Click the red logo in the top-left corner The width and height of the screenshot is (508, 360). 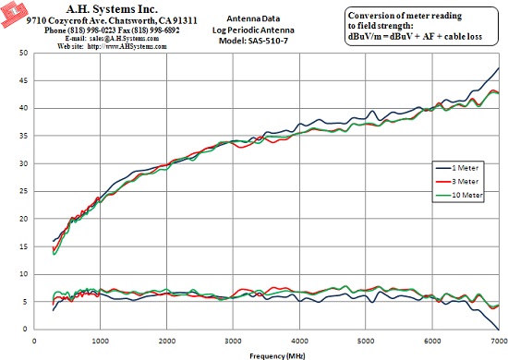13,14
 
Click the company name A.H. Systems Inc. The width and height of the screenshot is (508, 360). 112,8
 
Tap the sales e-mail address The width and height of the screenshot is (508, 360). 124,39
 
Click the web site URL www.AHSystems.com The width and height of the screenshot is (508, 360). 127,46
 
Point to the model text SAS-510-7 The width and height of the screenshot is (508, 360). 268,41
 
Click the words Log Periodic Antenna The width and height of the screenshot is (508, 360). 253,30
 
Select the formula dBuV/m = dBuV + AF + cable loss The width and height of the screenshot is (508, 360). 415,37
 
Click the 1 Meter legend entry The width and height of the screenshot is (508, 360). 457,168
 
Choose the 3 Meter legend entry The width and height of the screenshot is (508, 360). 457,182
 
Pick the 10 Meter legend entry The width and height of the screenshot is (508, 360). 459,195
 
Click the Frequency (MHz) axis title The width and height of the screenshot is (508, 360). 277,356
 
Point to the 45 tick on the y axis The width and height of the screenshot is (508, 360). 23,80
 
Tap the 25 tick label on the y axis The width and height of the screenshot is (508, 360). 23,191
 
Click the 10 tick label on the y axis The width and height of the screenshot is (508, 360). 23,274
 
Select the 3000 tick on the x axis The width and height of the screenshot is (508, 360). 234,341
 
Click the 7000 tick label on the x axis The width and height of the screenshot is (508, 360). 500,341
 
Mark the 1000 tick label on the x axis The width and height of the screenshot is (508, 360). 101,341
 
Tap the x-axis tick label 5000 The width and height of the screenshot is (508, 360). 366,341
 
